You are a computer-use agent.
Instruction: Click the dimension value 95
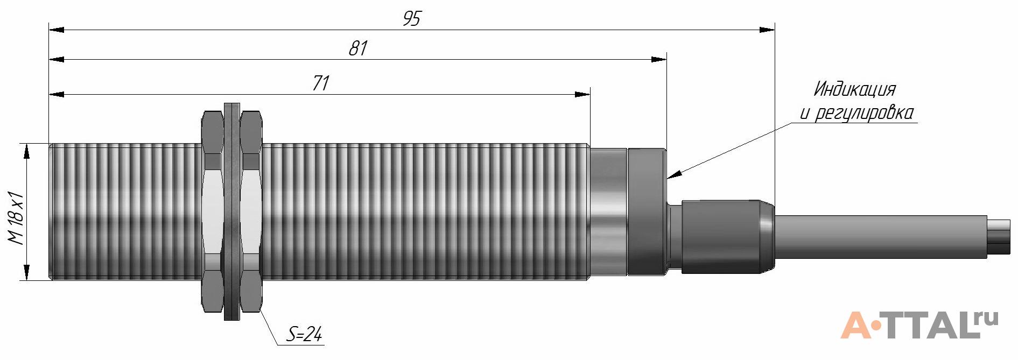pyautogui.click(x=411, y=19)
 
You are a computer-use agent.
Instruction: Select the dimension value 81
pyautogui.click(x=357, y=48)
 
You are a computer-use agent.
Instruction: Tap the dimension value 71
pyautogui.click(x=320, y=83)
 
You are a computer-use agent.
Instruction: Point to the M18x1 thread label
pyautogui.click(x=18, y=212)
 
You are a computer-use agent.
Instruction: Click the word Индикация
pyautogui.click(x=854, y=89)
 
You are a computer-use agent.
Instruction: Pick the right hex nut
pyautogui.click(x=251, y=212)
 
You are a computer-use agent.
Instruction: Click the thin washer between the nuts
pyautogui.click(x=231, y=212)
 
